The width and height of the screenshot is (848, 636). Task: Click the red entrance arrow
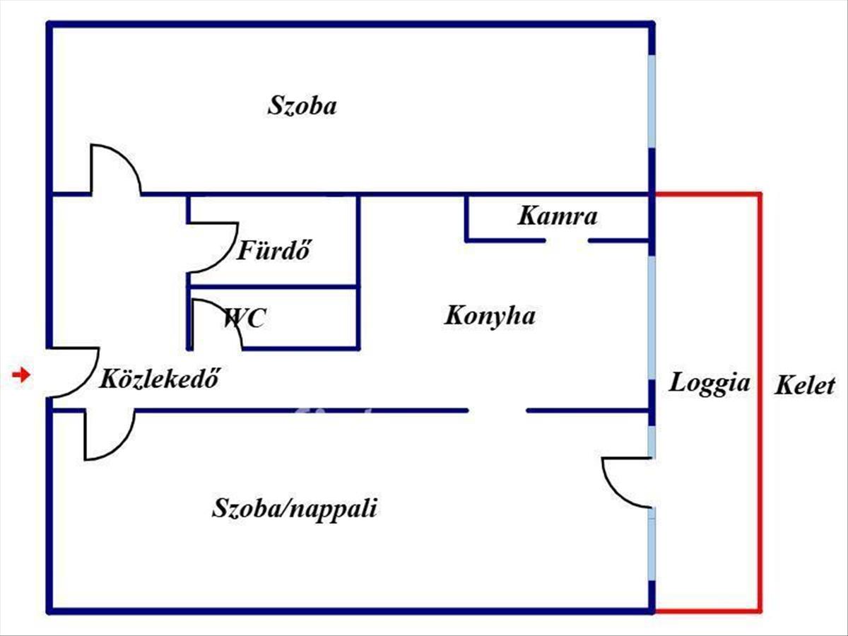22,375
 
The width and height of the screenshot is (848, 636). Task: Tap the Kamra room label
558,216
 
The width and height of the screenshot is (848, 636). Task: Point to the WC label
245,318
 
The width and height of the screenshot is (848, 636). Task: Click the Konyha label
489,315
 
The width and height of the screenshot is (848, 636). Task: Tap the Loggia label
709,383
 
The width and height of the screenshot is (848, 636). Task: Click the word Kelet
805,386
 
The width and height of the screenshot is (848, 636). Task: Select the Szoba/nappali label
294,508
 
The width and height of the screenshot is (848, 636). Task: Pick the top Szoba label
302,106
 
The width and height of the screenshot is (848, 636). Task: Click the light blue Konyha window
651,318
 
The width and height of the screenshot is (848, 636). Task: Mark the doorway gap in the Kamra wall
567,241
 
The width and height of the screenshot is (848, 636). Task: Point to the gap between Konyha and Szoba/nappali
497,410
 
